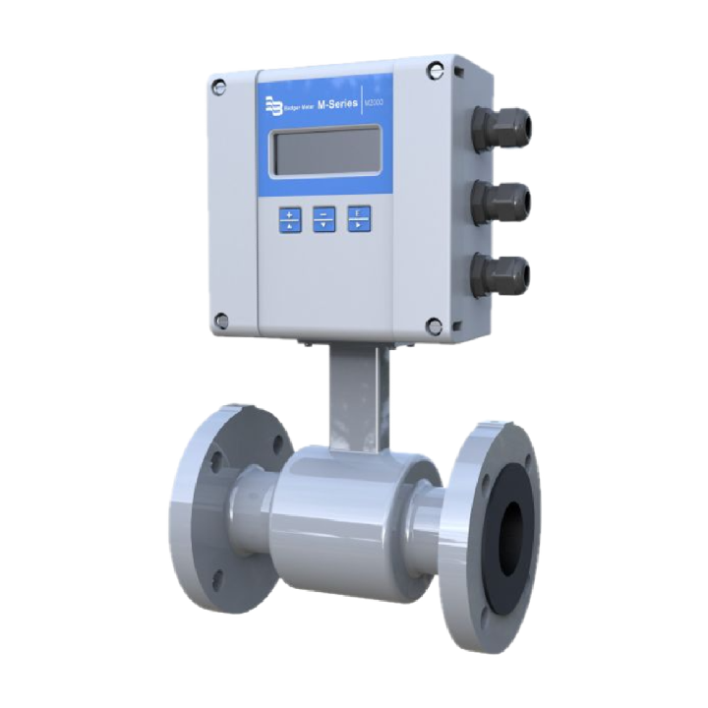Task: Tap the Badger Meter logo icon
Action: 270,102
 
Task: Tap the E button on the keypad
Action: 359,217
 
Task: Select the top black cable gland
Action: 501,128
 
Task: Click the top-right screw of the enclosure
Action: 435,70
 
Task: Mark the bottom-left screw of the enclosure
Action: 221,320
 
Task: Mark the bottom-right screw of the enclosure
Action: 434,326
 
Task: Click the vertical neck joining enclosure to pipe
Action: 359,393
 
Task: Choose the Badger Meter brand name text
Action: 296,105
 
